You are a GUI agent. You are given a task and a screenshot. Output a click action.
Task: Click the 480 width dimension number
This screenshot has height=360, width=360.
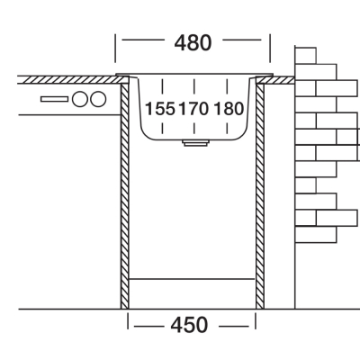tap(193, 43)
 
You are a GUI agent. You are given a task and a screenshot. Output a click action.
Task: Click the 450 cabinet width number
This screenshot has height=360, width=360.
tap(189, 325)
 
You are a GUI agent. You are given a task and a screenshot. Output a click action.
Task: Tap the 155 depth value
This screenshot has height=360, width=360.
tap(160, 109)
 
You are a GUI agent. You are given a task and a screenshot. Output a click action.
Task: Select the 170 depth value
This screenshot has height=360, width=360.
tap(193, 109)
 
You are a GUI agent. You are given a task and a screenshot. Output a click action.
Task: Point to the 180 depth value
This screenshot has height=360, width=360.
tap(229, 109)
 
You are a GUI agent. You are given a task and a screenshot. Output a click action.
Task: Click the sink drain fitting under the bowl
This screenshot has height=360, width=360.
tap(196, 142)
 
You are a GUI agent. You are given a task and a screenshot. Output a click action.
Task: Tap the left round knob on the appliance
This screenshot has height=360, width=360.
tap(80, 99)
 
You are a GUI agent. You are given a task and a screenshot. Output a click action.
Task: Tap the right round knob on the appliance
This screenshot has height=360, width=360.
tap(99, 99)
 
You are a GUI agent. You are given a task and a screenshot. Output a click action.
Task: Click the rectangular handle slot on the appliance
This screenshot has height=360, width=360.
tap(54, 99)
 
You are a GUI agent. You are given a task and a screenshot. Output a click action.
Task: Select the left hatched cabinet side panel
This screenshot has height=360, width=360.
tap(124, 196)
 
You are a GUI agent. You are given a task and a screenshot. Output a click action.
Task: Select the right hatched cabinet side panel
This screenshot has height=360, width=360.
tap(260, 196)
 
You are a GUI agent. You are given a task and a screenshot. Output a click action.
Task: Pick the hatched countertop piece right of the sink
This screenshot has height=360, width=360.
tap(275, 80)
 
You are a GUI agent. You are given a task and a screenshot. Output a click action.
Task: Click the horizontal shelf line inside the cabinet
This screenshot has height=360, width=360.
tap(192, 279)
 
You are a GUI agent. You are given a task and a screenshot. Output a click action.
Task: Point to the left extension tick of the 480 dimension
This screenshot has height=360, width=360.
tap(115, 49)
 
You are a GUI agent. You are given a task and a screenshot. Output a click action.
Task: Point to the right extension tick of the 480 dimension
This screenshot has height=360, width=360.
tap(270, 49)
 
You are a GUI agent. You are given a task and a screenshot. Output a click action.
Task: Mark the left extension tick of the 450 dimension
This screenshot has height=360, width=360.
tap(128, 320)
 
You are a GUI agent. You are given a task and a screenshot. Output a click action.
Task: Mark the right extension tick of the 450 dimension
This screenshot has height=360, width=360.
tap(256, 320)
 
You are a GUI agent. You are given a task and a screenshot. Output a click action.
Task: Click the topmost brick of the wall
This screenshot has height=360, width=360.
tap(305, 56)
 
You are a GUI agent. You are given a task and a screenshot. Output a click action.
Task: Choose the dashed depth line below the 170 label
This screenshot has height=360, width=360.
tap(194, 128)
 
